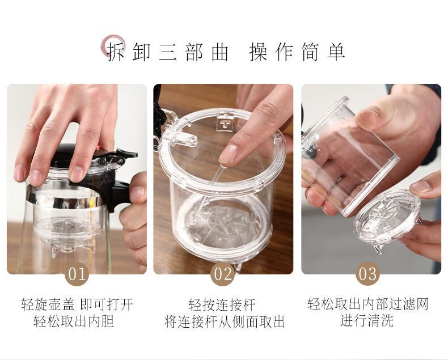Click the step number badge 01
(77, 274)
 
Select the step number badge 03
(367, 274)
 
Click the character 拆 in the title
(116, 52)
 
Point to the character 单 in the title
(336, 52)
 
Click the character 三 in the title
(168, 52)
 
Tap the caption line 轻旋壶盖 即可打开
(77, 304)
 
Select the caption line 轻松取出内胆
(74, 321)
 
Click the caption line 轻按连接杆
(222, 305)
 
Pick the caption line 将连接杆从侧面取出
(225, 321)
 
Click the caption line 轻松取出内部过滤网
(368, 304)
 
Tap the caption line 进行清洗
(367, 320)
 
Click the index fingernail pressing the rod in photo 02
(228, 154)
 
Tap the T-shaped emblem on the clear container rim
(226, 123)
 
